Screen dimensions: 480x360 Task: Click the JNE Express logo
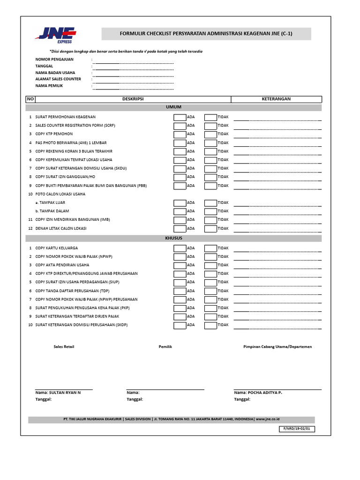tap(54, 34)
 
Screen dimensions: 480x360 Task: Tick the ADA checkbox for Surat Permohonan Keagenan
tap(180, 117)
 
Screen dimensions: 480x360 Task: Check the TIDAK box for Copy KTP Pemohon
tap(210, 134)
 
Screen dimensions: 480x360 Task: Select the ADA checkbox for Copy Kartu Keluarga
tap(180, 248)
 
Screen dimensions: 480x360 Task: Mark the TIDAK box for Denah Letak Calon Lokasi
tap(210, 229)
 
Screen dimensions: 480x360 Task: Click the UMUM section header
tap(173, 107)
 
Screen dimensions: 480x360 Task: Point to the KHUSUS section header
tap(173, 239)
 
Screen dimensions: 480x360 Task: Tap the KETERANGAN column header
tap(276, 99)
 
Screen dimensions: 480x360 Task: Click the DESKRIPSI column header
tap(133, 99)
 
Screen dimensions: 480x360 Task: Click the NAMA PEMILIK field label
tap(49, 86)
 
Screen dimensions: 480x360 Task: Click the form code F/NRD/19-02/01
tap(297, 428)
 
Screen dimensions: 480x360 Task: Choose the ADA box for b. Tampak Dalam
tap(180, 211)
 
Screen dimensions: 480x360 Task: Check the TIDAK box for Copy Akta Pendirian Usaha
tap(210, 265)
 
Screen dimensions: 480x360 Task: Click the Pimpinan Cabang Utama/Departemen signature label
tap(277, 347)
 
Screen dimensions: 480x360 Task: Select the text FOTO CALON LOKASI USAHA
tap(60, 194)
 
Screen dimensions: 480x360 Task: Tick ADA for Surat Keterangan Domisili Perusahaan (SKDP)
tap(180, 325)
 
